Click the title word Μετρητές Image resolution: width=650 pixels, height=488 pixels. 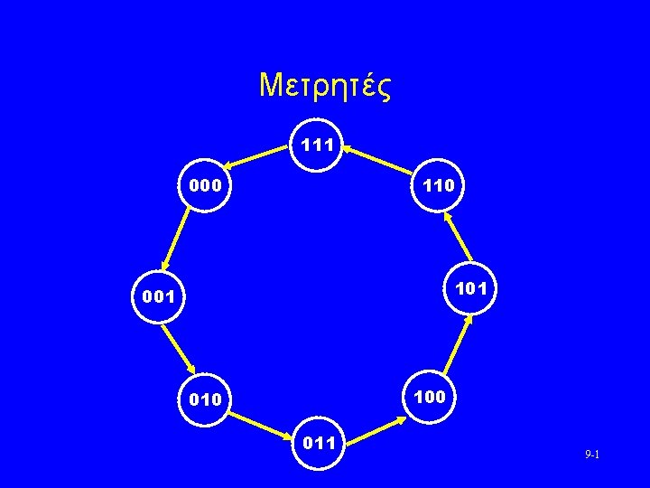click(324, 86)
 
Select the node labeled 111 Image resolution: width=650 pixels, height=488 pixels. click(318, 145)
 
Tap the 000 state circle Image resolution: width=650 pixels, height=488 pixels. click(205, 186)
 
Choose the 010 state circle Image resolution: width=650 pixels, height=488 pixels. click(205, 399)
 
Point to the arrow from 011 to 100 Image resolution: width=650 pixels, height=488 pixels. click(376, 426)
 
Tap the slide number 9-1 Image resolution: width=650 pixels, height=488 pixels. click(592, 454)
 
